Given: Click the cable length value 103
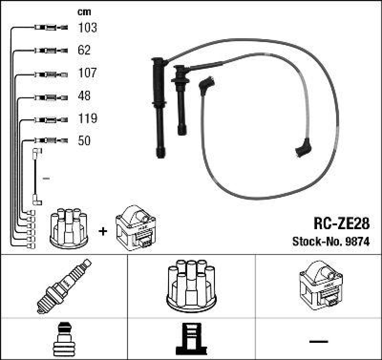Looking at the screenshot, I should (87, 28).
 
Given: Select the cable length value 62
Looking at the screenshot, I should (84, 50).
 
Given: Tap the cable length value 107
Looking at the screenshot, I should (87, 73).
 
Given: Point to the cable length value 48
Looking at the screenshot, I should (84, 96).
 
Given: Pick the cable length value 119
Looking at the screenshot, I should (87, 118).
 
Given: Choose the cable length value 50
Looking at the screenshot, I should (84, 141).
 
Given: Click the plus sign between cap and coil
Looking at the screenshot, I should (103, 231).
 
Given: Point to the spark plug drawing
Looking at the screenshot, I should (64, 286).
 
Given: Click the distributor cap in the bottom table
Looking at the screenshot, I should (191, 286).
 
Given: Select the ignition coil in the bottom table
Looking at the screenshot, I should (318, 286).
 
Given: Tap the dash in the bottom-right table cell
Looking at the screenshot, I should (318, 341).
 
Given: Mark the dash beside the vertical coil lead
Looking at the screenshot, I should (46, 179).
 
